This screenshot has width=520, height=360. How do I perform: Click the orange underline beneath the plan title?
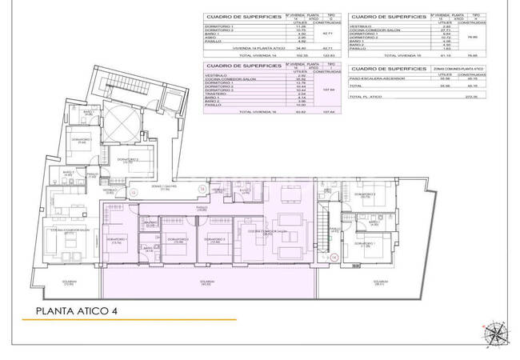128,320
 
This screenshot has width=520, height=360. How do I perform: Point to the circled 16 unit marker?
203,190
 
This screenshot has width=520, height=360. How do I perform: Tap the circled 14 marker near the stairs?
334,258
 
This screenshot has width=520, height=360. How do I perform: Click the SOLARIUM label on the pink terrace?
207,282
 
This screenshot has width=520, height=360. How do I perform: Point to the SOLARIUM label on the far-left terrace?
68,282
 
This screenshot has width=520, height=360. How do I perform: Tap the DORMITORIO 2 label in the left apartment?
128,160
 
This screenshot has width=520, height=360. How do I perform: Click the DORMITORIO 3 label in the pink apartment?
215,239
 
